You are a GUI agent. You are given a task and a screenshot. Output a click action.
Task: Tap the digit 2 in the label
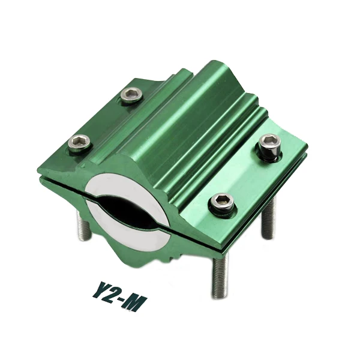point(115,295)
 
